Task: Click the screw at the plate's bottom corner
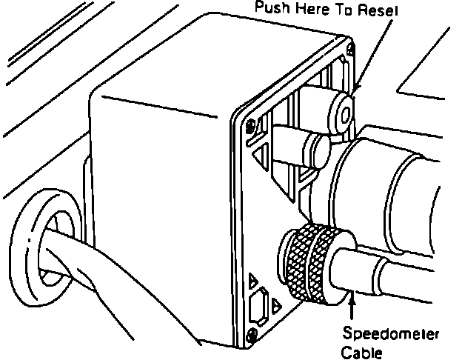255,335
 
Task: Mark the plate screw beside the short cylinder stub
252,122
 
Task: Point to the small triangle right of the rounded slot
276,304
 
